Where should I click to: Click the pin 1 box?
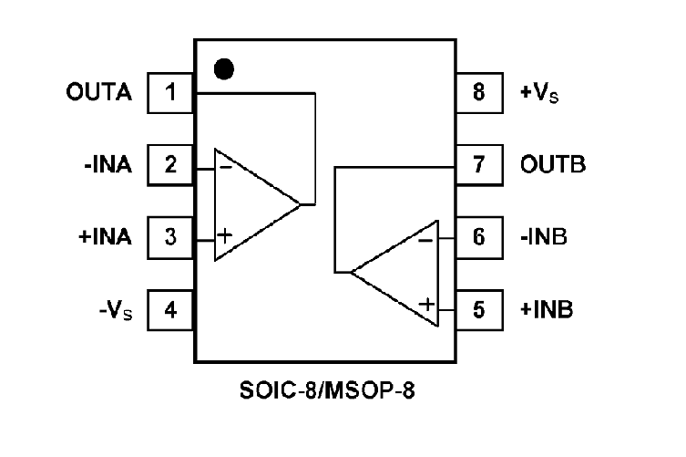[x=169, y=92]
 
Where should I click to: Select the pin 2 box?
[x=169, y=165]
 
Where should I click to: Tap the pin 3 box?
[x=169, y=237]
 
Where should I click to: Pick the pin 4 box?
[x=169, y=309]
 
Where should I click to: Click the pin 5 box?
[x=478, y=309]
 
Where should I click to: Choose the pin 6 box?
[x=478, y=237]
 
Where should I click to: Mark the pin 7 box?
[x=478, y=165]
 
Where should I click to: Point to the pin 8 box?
[x=478, y=92]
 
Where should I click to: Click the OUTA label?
[x=99, y=92]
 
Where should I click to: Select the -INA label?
[x=108, y=165]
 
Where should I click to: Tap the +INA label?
[x=106, y=237]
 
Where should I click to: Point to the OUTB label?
[x=553, y=165]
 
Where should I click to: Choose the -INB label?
[x=544, y=237]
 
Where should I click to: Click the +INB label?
[x=547, y=309]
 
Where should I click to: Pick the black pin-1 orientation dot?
[x=222, y=68]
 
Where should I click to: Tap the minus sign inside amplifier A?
[x=225, y=167]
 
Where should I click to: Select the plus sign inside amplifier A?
[x=225, y=236]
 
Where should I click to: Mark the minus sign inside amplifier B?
[x=425, y=240]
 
